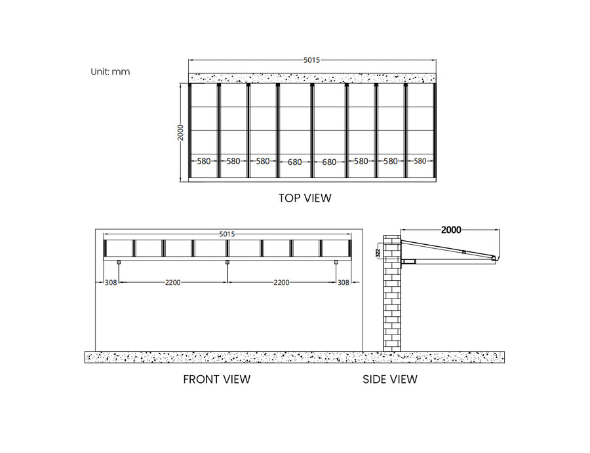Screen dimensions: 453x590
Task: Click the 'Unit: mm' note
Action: click(110, 71)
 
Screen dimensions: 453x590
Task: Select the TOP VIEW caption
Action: click(305, 198)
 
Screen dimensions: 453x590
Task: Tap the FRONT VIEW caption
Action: click(216, 379)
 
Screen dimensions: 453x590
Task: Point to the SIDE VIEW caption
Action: click(390, 379)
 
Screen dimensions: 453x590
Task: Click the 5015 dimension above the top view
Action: click(311, 60)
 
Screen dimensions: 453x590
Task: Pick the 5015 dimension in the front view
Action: click(227, 234)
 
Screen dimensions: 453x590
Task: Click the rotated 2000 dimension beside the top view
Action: click(180, 134)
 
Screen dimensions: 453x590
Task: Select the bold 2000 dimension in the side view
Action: click(451, 230)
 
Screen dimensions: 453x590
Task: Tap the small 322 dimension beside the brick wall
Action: click(378, 253)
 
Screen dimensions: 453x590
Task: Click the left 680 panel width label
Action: click(295, 162)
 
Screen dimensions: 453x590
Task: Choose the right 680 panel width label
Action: click(328, 162)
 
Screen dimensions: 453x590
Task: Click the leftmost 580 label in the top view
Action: click(203, 161)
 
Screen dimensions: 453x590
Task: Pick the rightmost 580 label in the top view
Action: click(420, 161)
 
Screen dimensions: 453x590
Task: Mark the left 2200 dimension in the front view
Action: click(173, 283)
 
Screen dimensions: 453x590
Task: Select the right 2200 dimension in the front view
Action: click(281, 283)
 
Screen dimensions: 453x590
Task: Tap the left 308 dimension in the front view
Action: click(111, 283)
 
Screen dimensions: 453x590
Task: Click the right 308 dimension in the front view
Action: click(344, 283)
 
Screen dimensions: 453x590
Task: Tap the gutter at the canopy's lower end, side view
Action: click(495, 261)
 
